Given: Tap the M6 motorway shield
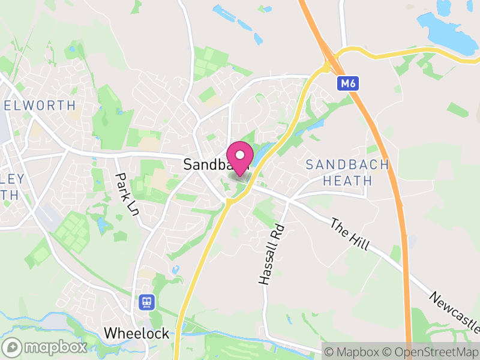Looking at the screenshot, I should pos(348,84).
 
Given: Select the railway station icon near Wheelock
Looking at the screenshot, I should pos(146,302).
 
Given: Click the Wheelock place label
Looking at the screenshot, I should pos(136,334).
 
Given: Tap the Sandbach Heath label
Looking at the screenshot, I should pos(347,172).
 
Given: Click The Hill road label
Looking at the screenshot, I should pos(350,235).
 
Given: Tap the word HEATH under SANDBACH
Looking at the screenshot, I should pos(347,181).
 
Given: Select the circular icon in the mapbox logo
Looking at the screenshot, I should pos(12,347).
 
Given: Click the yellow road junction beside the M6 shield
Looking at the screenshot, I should pos(334,60).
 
